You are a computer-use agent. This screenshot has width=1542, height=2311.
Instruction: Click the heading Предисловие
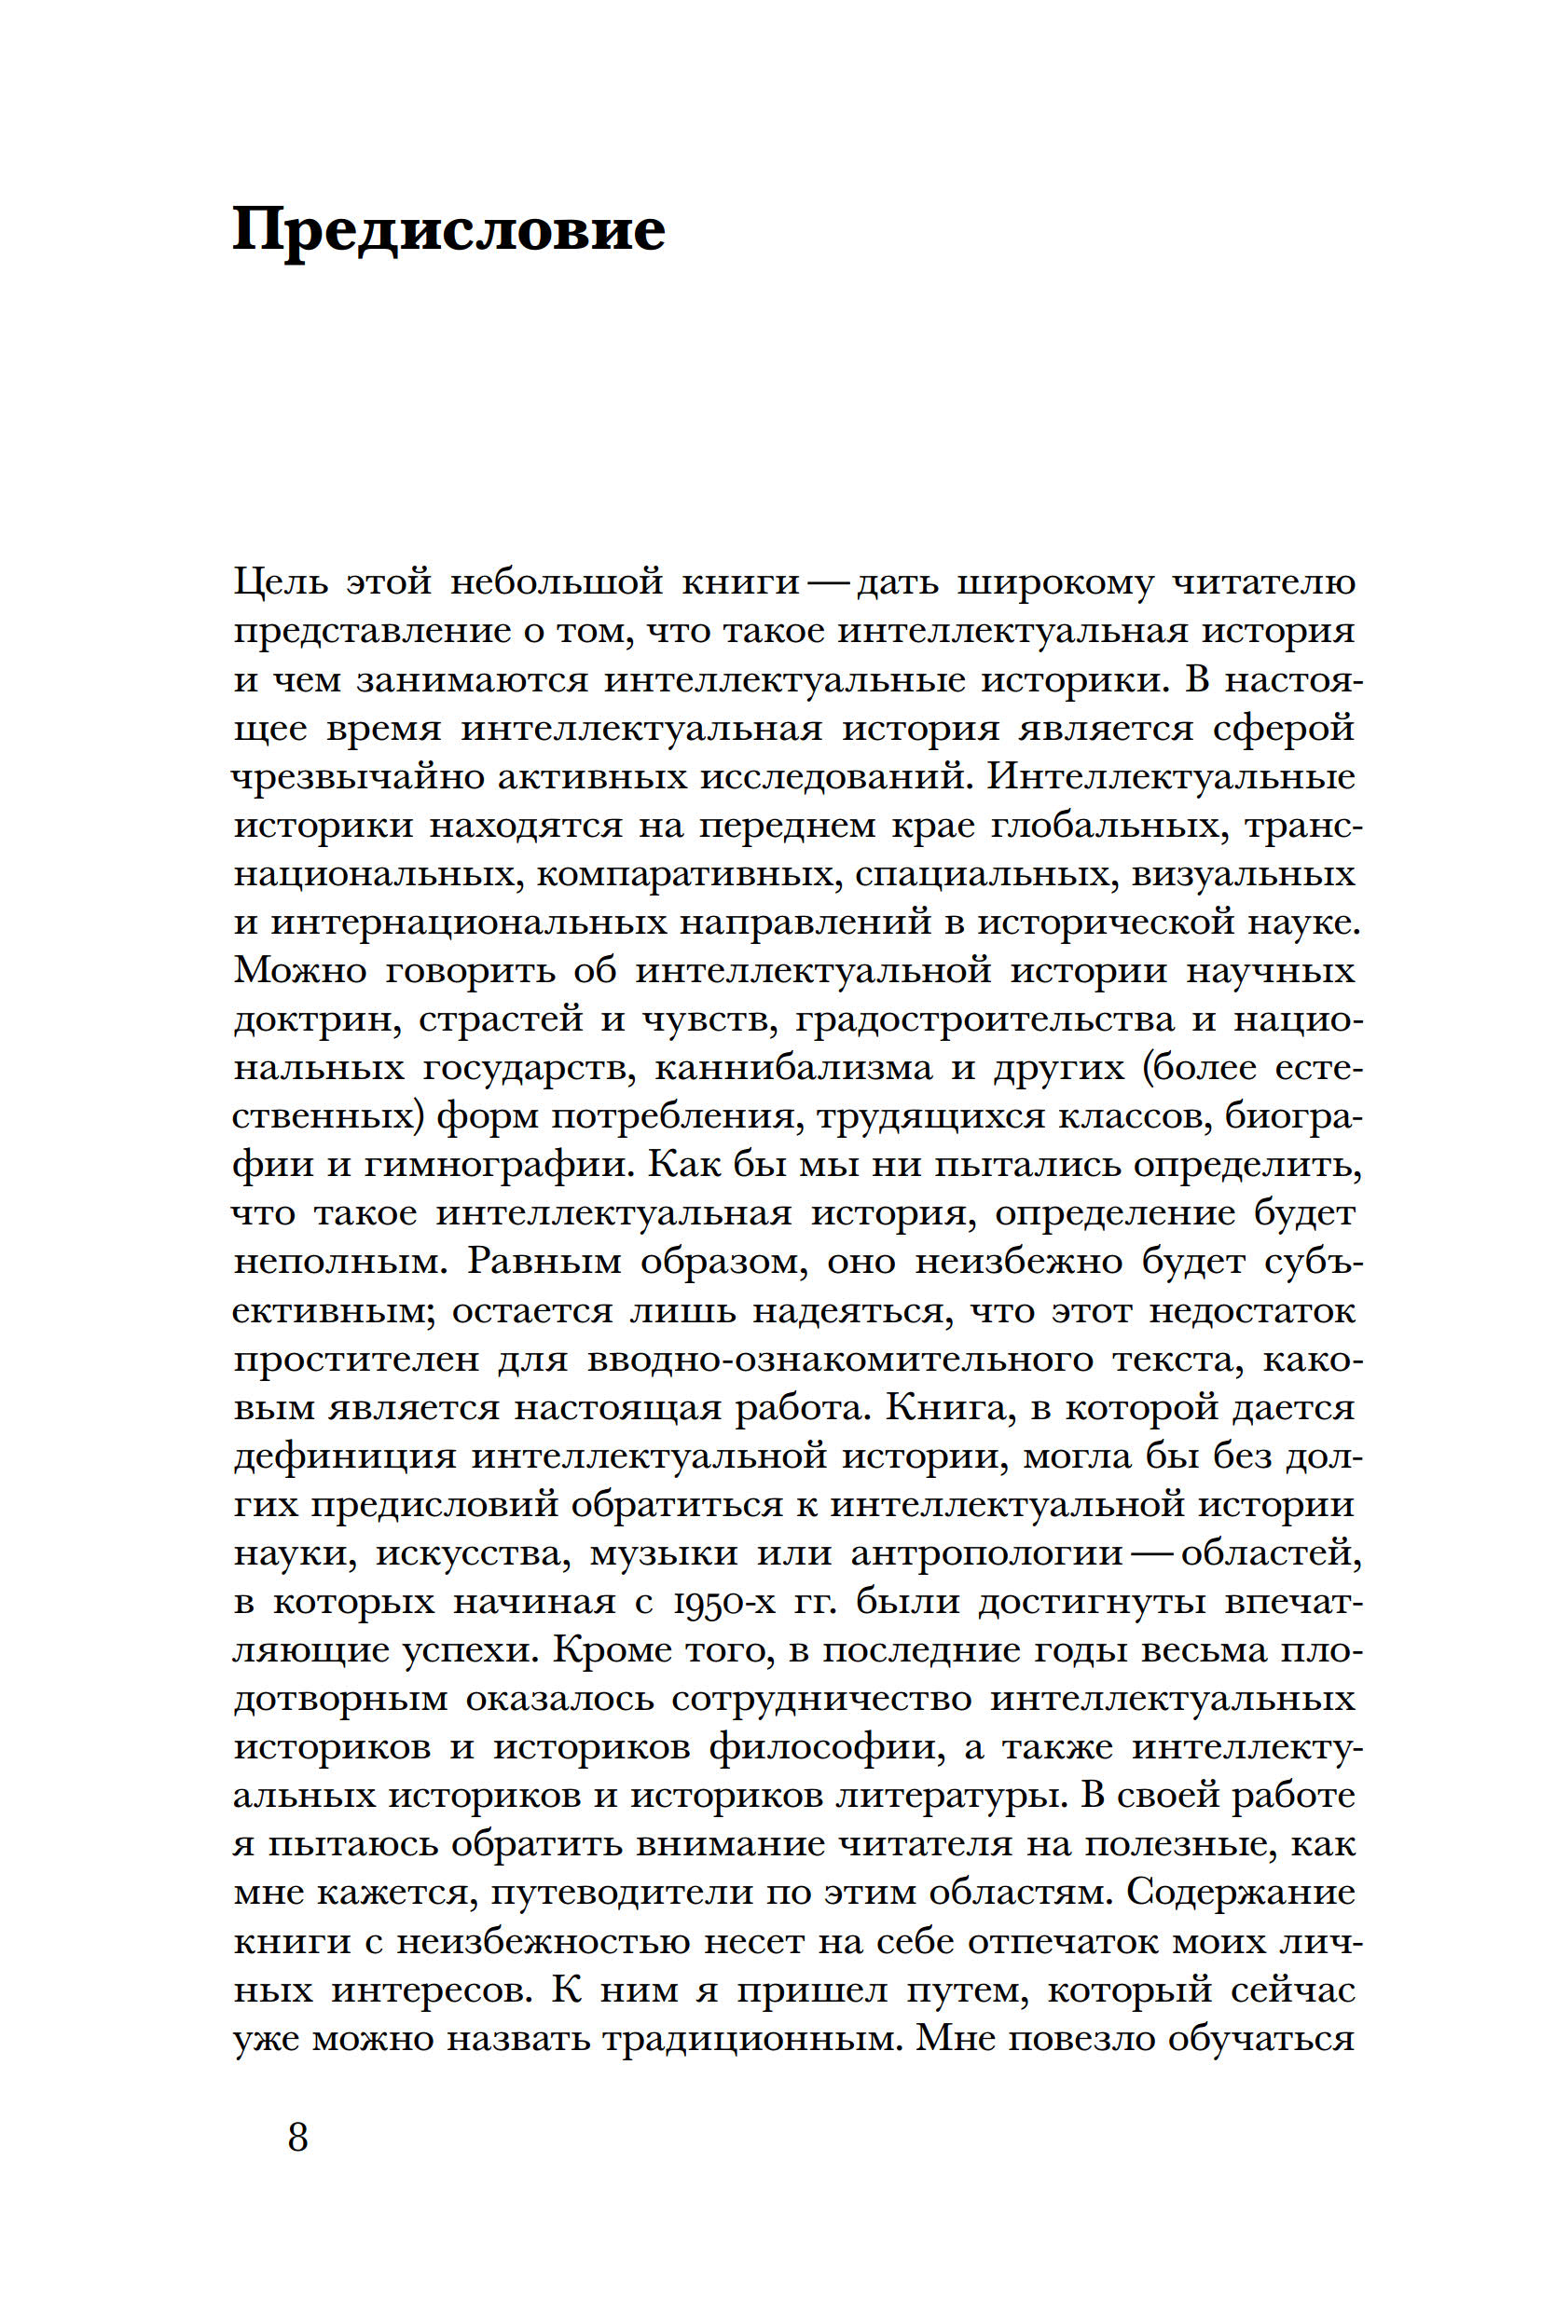[448, 231]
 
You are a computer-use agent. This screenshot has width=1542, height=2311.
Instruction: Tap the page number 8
[298, 2137]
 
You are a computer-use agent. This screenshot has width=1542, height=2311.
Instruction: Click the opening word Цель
[282, 581]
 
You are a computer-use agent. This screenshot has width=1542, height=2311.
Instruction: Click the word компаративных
[687, 873]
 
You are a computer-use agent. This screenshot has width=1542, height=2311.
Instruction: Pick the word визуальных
[1243, 873]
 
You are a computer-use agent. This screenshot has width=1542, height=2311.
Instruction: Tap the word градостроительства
[984, 1019]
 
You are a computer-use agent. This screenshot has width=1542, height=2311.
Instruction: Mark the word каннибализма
[792, 1068]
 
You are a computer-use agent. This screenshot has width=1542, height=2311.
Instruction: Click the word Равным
[544, 1260]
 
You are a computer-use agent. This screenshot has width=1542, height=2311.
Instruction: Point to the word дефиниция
[344, 1455]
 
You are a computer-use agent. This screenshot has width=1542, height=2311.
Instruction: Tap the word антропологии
[986, 1552]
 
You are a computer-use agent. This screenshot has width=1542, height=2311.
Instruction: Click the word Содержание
[1240, 1893]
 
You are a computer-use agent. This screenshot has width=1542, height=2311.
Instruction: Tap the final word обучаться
[1261, 2038]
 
